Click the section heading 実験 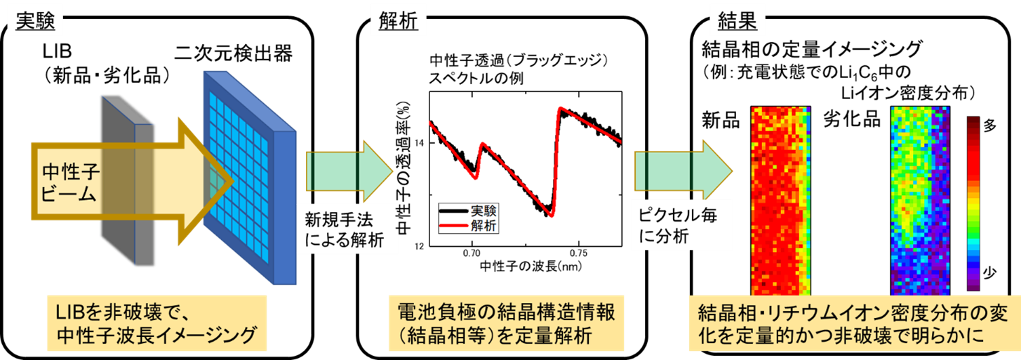tap(35, 21)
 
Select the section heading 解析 tap(398, 21)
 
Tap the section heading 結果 tap(737, 21)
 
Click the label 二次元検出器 tap(234, 53)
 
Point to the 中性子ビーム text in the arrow tap(69, 182)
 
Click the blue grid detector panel tap(250, 178)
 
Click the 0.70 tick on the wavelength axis tap(472, 253)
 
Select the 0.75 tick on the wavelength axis tap(578, 253)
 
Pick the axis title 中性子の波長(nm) tap(530, 266)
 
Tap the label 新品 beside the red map tap(721, 120)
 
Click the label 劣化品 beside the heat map tap(852, 119)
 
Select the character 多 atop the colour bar tap(989, 126)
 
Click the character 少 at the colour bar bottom tap(989, 273)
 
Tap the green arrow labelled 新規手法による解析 tap(349, 171)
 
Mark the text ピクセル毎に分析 tap(677, 225)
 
